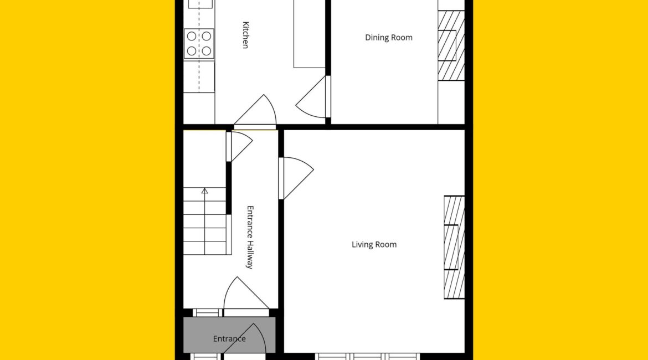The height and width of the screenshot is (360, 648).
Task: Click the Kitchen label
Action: pyautogui.click(x=245, y=35)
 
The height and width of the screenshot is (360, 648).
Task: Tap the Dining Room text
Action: pyautogui.click(x=388, y=38)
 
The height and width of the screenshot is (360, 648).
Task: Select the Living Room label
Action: pyautogui.click(x=374, y=245)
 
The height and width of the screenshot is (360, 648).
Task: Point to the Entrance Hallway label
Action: pyautogui.click(x=250, y=237)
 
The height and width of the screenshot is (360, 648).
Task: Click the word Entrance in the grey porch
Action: pyautogui.click(x=229, y=339)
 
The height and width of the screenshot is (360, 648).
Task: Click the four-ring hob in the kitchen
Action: pyautogui.click(x=199, y=43)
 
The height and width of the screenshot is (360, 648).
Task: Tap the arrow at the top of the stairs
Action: pyautogui.click(x=204, y=192)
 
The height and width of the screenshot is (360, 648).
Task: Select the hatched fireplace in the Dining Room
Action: pyautogui.click(x=451, y=45)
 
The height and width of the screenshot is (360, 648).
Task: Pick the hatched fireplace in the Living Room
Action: pyautogui.click(x=454, y=247)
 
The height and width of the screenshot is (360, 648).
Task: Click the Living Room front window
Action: pyautogui.click(x=368, y=356)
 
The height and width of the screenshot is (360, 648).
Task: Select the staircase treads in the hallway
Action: pyautogui.click(x=205, y=221)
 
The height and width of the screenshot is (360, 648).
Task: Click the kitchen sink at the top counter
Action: pyautogui.click(x=200, y=4)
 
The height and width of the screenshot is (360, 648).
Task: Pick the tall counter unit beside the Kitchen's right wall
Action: pyautogui.click(x=310, y=34)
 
